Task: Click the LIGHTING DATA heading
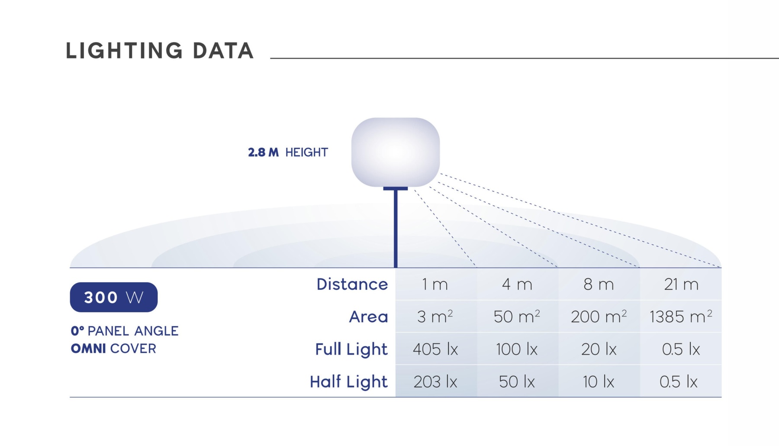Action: click(x=159, y=51)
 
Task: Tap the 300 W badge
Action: click(x=114, y=297)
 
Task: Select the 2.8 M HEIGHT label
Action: click(x=288, y=152)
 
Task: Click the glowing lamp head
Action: click(x=396, y=152)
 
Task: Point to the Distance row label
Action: click(x=352, y=284)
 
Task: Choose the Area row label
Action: click(x=368, y=317)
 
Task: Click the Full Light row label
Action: click(x=351, y=349)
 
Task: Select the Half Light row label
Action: click(x=349, y=381)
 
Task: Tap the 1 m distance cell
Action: click(x=435, y=284)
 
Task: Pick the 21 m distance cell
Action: click(x=681, y=284)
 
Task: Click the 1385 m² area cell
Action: click(x=681, y=317)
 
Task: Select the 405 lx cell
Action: click(x=435, y=349)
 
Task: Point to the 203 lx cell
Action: click(x=435, y=381)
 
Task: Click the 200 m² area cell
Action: click(x=599, y=317)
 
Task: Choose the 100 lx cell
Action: click(x=517, y=349)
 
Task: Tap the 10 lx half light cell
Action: click(x=599, y=381)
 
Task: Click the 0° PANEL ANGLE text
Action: click(x=125, y=331)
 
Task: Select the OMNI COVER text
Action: click(x=113, y=349)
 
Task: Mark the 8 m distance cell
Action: click(x=599, y=284)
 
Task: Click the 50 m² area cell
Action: click(x=517, y=317)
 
